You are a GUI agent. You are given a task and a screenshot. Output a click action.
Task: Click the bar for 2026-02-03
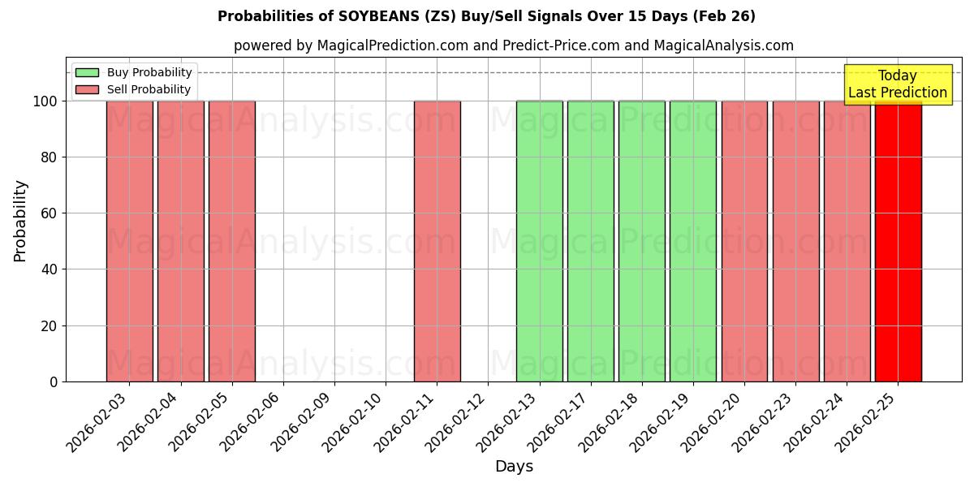pos(129,241)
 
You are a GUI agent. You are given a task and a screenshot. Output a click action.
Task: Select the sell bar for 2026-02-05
pos(232,241)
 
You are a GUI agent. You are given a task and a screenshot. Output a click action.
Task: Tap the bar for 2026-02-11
pos(437,241)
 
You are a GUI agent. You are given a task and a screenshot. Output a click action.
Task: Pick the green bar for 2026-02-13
pos(540,241)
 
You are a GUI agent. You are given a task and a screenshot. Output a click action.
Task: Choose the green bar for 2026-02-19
pos(693,241)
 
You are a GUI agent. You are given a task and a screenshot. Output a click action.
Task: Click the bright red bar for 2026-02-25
pos(899,241)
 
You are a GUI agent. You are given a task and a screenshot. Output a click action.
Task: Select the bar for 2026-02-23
pos(796,241)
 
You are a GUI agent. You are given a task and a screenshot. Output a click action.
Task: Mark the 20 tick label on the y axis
pos(48,326)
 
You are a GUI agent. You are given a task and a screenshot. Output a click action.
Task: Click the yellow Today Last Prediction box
pos(898,84)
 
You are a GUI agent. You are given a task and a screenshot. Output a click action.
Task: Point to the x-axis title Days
pos(514,467)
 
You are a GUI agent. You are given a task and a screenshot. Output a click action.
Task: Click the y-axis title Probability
pos(20,221)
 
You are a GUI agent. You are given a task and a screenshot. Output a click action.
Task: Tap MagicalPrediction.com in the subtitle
pos(393,45)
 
